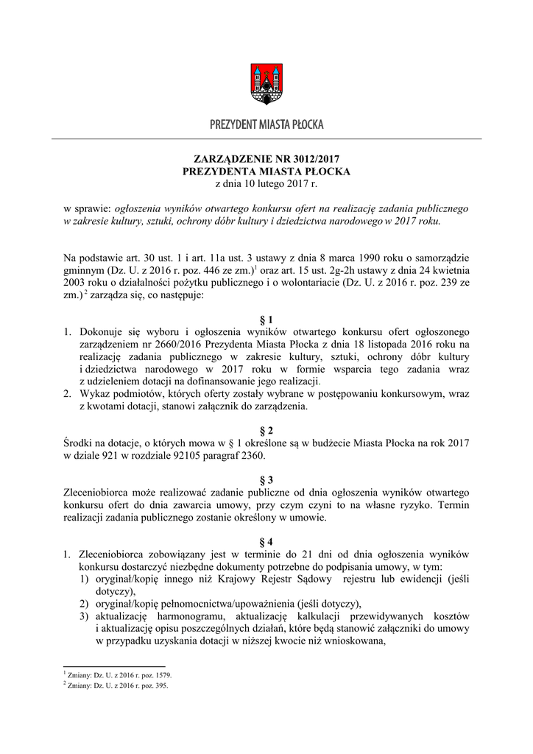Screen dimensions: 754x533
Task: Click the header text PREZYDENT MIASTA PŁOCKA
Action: pyautogui.click(x=266, y=125)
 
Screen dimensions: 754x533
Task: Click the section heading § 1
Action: pyautogui.click(x=266, y=320)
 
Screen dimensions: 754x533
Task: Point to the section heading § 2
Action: pyautogui.click(x=266, y=429)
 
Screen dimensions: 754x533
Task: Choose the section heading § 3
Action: pyautogui.click(x=266, y=479)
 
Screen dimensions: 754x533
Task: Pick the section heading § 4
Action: pyautogui.click(x=266, y=540)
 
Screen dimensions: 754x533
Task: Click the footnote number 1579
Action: pyautogui.click(x=161, y=674)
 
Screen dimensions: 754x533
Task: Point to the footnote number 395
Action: pyautogui.click(x=159, y=685)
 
